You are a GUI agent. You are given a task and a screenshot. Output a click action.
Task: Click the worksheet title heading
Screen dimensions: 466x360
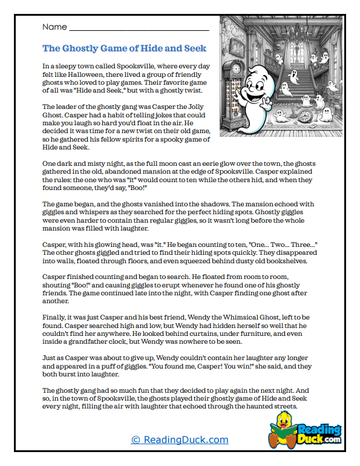[x=124, y=48]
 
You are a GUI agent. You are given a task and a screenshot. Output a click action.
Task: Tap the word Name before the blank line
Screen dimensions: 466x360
[x=54, y=27]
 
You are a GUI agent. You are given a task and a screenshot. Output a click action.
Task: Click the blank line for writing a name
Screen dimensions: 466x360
[x=139, y=29]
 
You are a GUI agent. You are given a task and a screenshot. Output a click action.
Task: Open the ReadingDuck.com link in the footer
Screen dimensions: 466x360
[x=180, y=440]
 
